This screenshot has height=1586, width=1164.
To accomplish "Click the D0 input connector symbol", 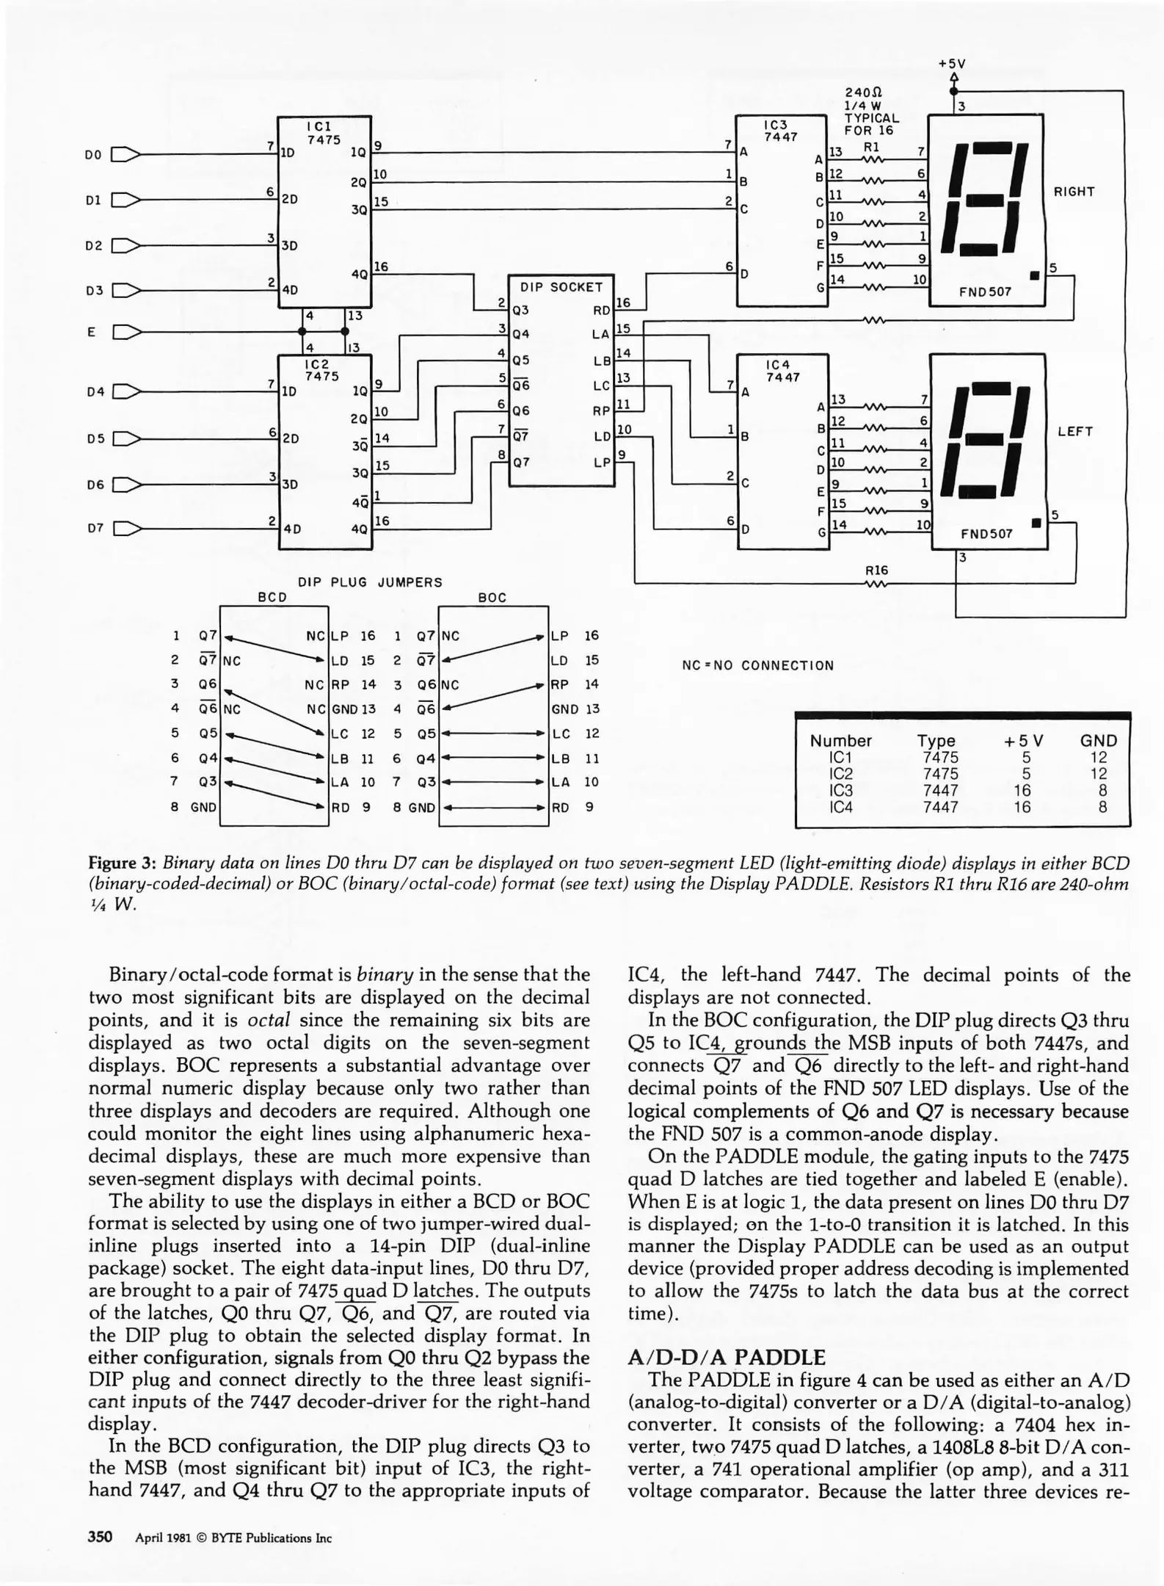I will pyautogui.click(x=125, y=154).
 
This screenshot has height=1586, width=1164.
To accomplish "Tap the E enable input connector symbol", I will pyautogui.click(x=125, y=333).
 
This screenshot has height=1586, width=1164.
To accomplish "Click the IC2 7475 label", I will pyautogui.click(x=321, y=369).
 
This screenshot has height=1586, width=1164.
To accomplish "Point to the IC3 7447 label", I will pyautogui.click(x=779, y=131).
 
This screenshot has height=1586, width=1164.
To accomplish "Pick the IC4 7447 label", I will pyautogui.click(x=782, y=371).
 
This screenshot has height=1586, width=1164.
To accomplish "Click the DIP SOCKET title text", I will pyautogui.click(x=561, y=287).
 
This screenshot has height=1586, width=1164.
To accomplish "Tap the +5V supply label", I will pyautogui.click(x=952, y=64).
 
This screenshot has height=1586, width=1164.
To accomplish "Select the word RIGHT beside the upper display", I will pyautogui.click(x=1074, y=192).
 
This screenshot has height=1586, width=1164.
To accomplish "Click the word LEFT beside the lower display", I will pyautogui.click(x=1074, y=432).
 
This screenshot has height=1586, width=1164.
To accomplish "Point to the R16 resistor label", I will pyautogui.click(x=876, y=570).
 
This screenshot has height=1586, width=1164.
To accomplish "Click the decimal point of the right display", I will pyautogui.click(x=1035, y=276).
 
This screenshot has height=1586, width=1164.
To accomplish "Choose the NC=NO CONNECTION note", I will pyautogui.click(x=757, y=665).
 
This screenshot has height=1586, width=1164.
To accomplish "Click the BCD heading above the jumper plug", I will pyautogui.click(x=272, y=598).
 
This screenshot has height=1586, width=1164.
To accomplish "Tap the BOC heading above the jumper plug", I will pyautogui.click(x=492, y=598).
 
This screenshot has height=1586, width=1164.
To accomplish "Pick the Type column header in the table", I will pyautogui.click(x=936, y=740).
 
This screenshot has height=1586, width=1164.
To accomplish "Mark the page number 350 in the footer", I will pyautogui.click(x=100, y=1537).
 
